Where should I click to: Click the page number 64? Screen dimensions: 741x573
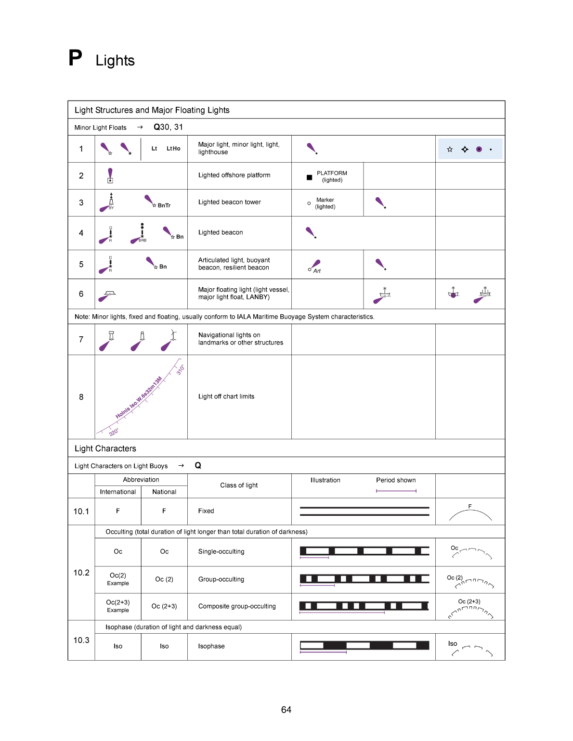[x=286, y=710]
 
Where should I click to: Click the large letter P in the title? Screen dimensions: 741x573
[x=75, y=59]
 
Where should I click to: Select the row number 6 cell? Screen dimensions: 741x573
[x=81, y=294]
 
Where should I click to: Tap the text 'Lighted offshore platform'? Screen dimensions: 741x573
[x=234, y=175]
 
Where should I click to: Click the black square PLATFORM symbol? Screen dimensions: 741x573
[x=309, y=178]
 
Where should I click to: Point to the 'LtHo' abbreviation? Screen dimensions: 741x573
[x=173, y=149]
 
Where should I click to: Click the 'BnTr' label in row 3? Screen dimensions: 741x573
[x=164, y=205]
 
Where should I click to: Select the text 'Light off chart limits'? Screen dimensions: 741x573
[x=226, y=396]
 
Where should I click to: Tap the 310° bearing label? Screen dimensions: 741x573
[x=180, y=370]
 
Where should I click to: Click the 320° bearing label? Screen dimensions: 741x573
[x=114, y=432]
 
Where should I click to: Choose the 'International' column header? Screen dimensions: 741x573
[x=117, y=492]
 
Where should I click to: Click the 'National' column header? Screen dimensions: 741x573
[x=164, y=492]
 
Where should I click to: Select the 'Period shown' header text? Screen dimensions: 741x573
[x=396, y=480]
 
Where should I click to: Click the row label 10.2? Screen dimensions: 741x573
[x=81, y=573]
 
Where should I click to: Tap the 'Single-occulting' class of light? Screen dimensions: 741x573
[x=221, y=551]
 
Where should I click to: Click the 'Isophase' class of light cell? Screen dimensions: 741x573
[x=211, y=646]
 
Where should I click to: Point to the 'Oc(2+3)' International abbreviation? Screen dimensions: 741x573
[x=118, y=602]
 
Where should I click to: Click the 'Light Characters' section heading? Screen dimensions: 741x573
[x=105, y=448]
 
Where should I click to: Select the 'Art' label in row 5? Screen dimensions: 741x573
[x=317, y=271]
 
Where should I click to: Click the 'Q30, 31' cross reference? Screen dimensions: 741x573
[x=168, y=127]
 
